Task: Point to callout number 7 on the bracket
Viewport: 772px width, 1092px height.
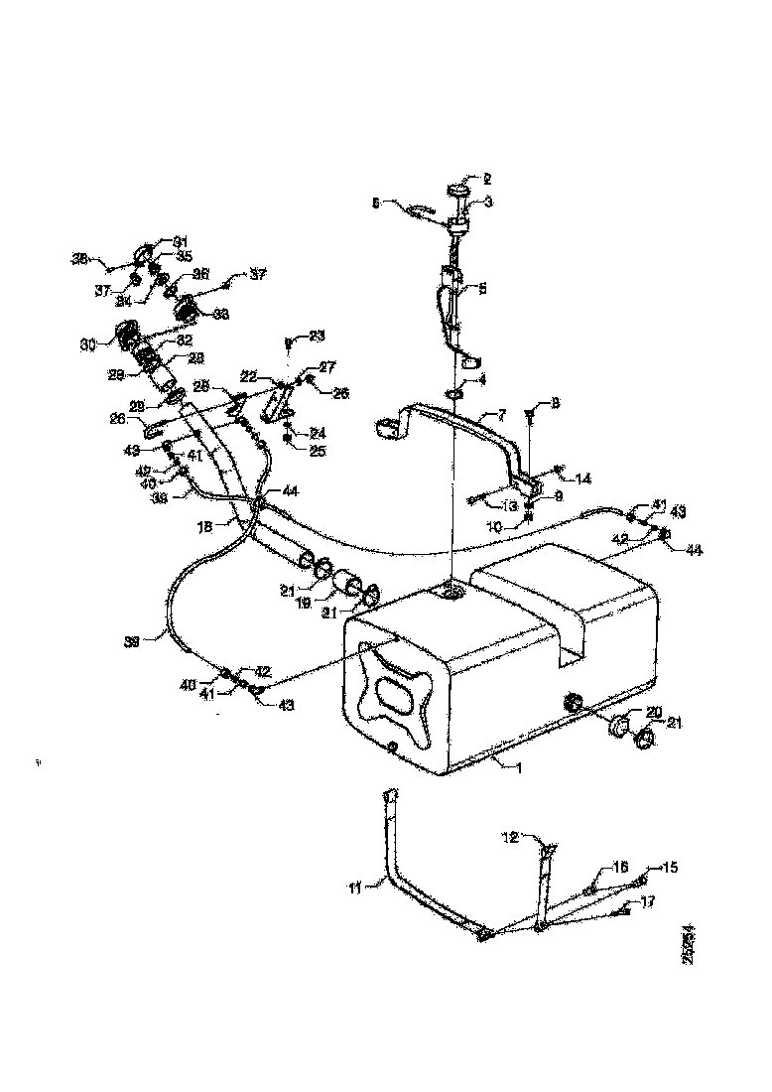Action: [x=501, y=414]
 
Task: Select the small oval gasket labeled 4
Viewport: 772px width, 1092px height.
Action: [x=452, y=394]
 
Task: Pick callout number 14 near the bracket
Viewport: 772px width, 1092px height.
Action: [x=583, y=478]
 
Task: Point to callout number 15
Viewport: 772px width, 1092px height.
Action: [x=671, y=867]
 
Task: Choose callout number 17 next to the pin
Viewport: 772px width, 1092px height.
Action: [x=648, y=902]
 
